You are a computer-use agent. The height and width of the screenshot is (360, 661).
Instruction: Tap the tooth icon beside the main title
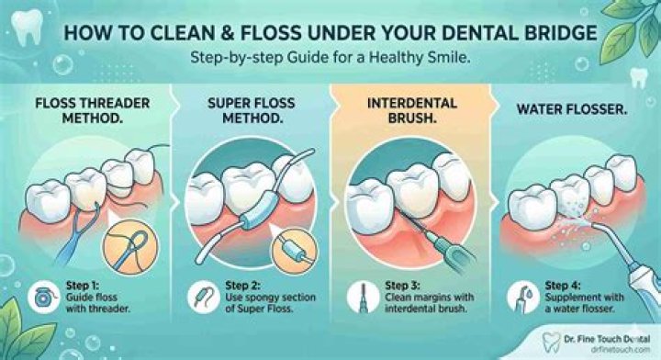[27, 26]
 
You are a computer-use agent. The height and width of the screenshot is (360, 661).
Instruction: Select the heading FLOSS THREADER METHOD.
[93, 110]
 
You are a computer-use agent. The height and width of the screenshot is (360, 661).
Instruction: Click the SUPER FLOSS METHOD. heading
[252, 110]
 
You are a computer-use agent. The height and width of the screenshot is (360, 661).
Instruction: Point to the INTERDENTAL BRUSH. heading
[412, 110]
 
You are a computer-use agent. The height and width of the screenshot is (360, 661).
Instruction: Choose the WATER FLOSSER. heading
[572, 109]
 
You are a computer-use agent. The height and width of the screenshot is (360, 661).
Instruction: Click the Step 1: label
[82, 286]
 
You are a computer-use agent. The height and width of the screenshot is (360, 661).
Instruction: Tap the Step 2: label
[242, 286]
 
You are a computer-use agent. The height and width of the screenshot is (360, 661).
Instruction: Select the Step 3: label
[402, 286]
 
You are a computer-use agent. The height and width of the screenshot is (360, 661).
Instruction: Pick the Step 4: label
[563, 286]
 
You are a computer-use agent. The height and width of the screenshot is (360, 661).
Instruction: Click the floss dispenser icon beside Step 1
[44, 298]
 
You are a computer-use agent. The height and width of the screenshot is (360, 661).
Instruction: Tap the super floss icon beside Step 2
[203, 298]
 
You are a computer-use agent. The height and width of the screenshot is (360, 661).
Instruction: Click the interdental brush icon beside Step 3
[363, 298]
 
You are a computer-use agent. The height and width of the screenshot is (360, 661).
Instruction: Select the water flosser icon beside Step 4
[522, 298]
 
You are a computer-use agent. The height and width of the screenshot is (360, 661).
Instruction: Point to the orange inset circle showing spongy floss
[294, 252]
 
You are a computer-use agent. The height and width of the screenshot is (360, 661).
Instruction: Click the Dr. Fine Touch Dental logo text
[607, 339]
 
